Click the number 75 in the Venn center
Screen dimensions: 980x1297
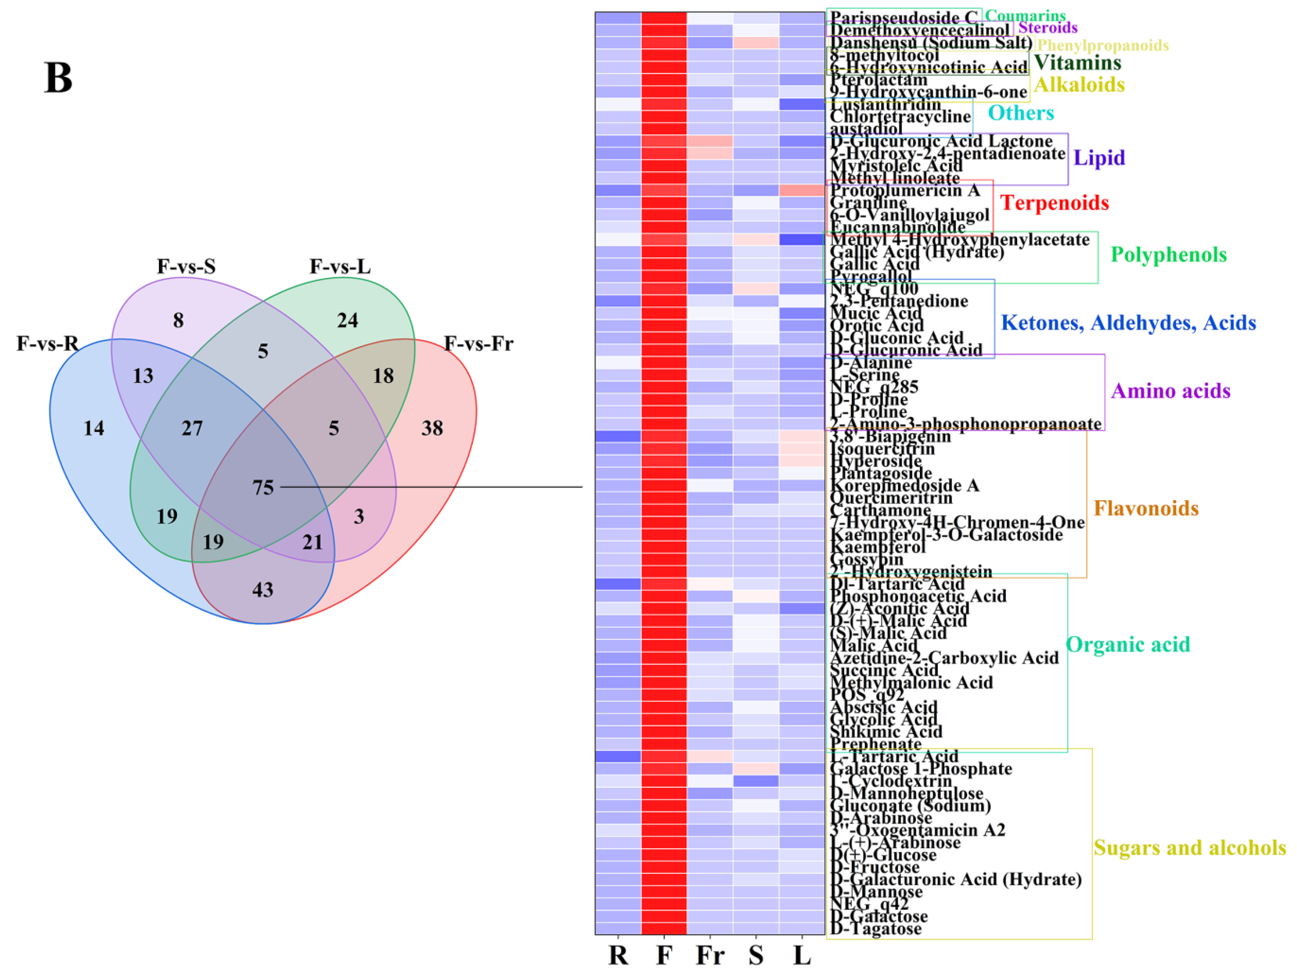tap(263, 487)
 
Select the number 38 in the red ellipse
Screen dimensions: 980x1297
tap(432, 428)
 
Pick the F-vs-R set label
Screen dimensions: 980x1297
tap(48, 344)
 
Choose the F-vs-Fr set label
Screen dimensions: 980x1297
tap(479, 344)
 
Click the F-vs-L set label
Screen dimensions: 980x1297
tap(340, 267)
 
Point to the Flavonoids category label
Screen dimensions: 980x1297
tap(1146, 509)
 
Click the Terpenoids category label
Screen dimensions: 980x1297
tap(1054, 203)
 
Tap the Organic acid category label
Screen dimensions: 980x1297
tap(1128, 645)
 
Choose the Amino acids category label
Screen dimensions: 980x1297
tap(1170, 391)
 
